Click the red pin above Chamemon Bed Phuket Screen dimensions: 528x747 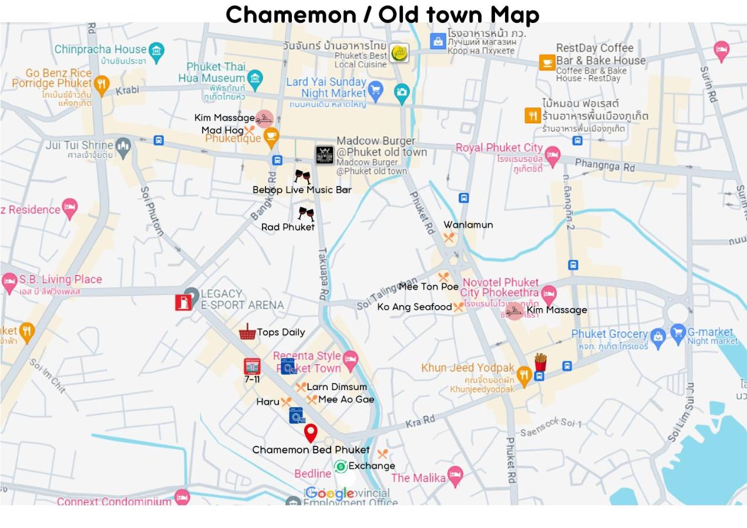[x=311, y=433]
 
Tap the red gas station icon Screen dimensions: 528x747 [x=183, y=302]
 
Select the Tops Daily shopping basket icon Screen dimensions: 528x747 [x=247, y=332]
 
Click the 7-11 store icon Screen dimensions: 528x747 [x=252, y=367]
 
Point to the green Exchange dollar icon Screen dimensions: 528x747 [x=341, y=466]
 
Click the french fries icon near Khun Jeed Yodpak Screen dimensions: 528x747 [x=540, y=362]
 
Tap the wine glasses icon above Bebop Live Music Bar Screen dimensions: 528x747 [x=302, y=176]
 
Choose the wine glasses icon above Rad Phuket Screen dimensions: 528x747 [x=306, y=214]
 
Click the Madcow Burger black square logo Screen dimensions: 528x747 [x=325, y=154]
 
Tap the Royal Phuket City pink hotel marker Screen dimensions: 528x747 [x=552, y=155]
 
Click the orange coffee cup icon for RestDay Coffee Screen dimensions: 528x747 [x=547, y=62]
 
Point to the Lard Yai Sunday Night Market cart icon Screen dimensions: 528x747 [x=375, y=90]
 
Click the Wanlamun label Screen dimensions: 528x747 [x=468, y=225]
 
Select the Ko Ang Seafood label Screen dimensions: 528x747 [x=414, y=307]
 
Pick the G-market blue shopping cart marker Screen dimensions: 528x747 [x=678, y=334]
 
